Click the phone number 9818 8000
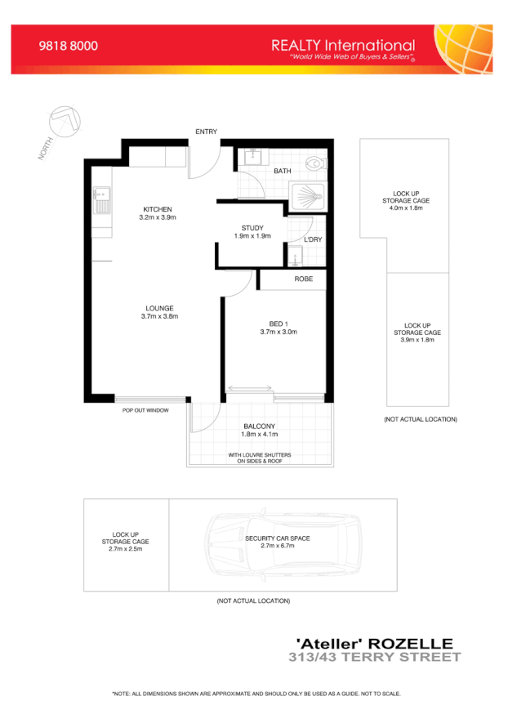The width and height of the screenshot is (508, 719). click(69, 47)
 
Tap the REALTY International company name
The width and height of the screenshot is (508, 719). click(343, 46)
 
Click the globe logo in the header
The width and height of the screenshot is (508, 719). click(466, 49)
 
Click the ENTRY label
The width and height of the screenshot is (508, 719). click(205, 132)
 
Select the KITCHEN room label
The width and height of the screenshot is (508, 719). click(158, 209)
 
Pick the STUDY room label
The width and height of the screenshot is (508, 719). click(252, 228)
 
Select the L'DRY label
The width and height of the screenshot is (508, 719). click(313, 239)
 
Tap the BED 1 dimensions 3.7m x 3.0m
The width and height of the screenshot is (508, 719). click(279, 332)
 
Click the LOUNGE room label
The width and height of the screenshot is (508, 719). click(159, 308)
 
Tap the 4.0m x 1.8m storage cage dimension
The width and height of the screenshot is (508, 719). click(406, 208)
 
